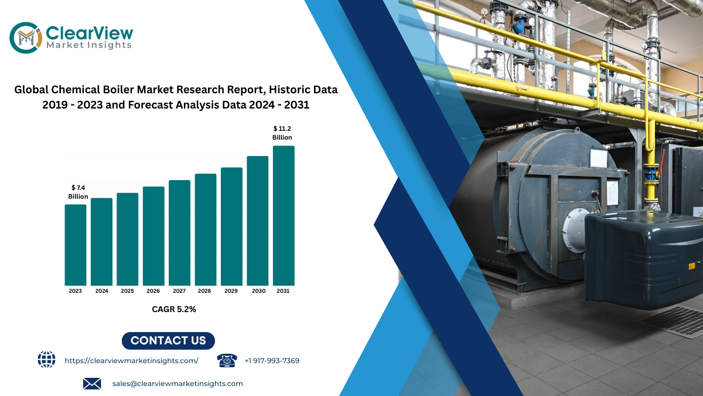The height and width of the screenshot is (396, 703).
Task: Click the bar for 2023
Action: click(76, 245)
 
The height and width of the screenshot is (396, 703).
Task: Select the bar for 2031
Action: click(284, 216)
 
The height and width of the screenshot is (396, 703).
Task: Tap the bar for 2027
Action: click(179, 233)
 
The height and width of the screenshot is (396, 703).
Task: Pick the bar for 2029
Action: click(231, 226)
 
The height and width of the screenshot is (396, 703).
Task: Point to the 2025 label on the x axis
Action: click(128, 291)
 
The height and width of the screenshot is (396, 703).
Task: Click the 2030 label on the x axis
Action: click(258, 291)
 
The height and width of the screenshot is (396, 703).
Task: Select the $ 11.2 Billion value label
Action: click(282, 133)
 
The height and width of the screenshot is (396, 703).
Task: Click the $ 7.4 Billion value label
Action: click(78, 192)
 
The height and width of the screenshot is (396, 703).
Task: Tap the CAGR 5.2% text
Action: click(174, 309)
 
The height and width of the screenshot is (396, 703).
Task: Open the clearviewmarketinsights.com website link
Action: click(131, 361)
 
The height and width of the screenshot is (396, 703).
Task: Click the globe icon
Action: click(46, 360)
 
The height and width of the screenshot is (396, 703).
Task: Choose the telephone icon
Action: click(227, 360)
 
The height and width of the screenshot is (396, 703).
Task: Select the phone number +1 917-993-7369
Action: click(272, 361)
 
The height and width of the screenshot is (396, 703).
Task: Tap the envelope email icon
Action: click(92, 384)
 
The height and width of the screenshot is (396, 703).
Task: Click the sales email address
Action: click(178, 384)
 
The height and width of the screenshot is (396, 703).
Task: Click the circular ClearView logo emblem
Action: click(26, 38)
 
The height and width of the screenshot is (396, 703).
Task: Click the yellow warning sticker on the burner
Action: click(692, 266)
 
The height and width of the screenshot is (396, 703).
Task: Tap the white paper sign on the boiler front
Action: click(599, 158)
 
